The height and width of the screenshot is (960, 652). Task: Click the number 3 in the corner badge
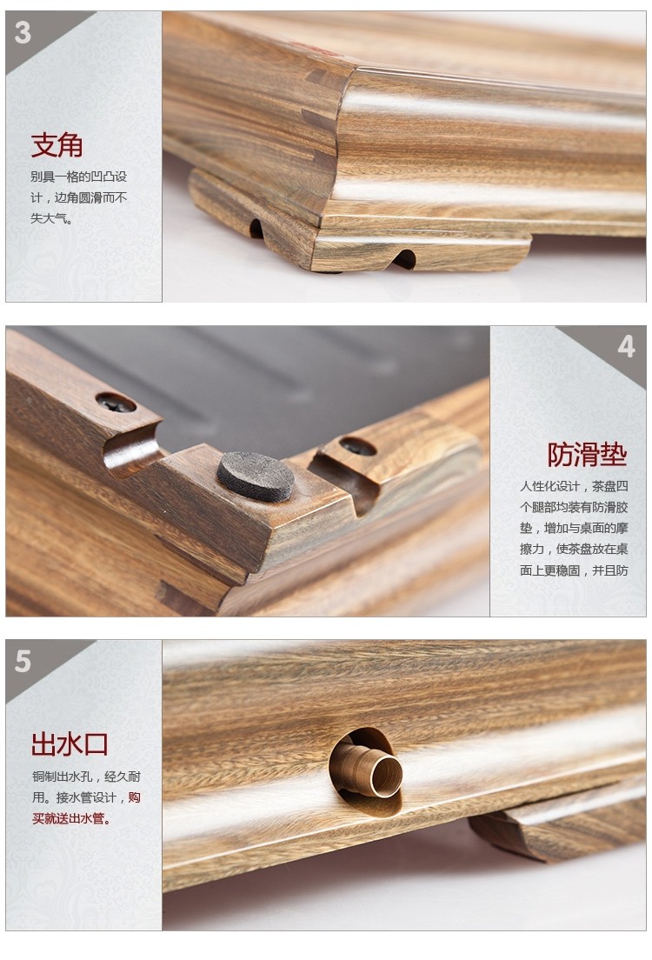coord(23,32)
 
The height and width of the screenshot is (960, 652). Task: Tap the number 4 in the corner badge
coord(626,347)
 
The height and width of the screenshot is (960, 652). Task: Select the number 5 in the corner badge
coord(23,661)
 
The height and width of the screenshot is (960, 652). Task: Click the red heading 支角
coord(57,145)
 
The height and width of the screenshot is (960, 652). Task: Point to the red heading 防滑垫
coord(587,454)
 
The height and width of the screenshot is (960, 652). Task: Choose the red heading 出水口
coord(70,744)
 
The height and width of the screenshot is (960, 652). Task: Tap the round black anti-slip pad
coord(256,477)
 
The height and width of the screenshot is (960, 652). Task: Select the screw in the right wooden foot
coord(358,447)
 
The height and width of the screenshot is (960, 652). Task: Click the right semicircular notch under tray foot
coord(404,259)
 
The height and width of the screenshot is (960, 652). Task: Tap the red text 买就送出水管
coord(71,818)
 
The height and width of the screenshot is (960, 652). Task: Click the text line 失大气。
coord(52,218)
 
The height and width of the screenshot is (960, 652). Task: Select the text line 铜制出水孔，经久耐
coord(86,777)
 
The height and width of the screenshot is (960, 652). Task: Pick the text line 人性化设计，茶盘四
coord(575,486)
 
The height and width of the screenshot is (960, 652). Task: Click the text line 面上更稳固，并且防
coord(575,570)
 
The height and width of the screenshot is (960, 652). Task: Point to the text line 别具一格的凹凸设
coord(79,177)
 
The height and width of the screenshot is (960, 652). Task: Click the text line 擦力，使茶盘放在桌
coord(575,550)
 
